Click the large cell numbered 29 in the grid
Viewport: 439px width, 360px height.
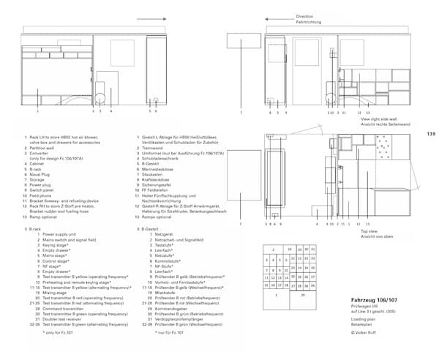[302, 296]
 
